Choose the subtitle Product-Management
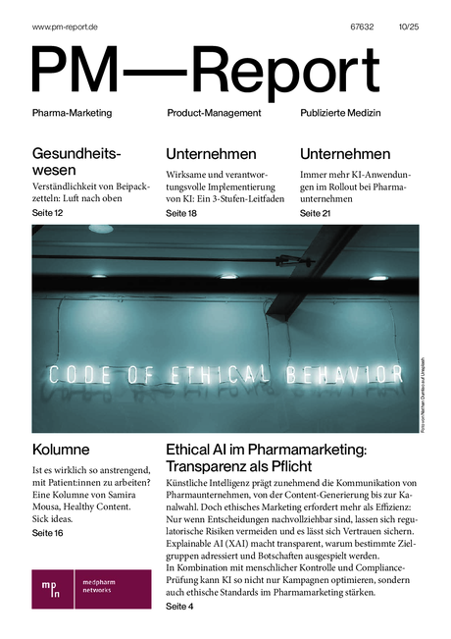point(214,113)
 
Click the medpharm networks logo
point(91,588)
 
